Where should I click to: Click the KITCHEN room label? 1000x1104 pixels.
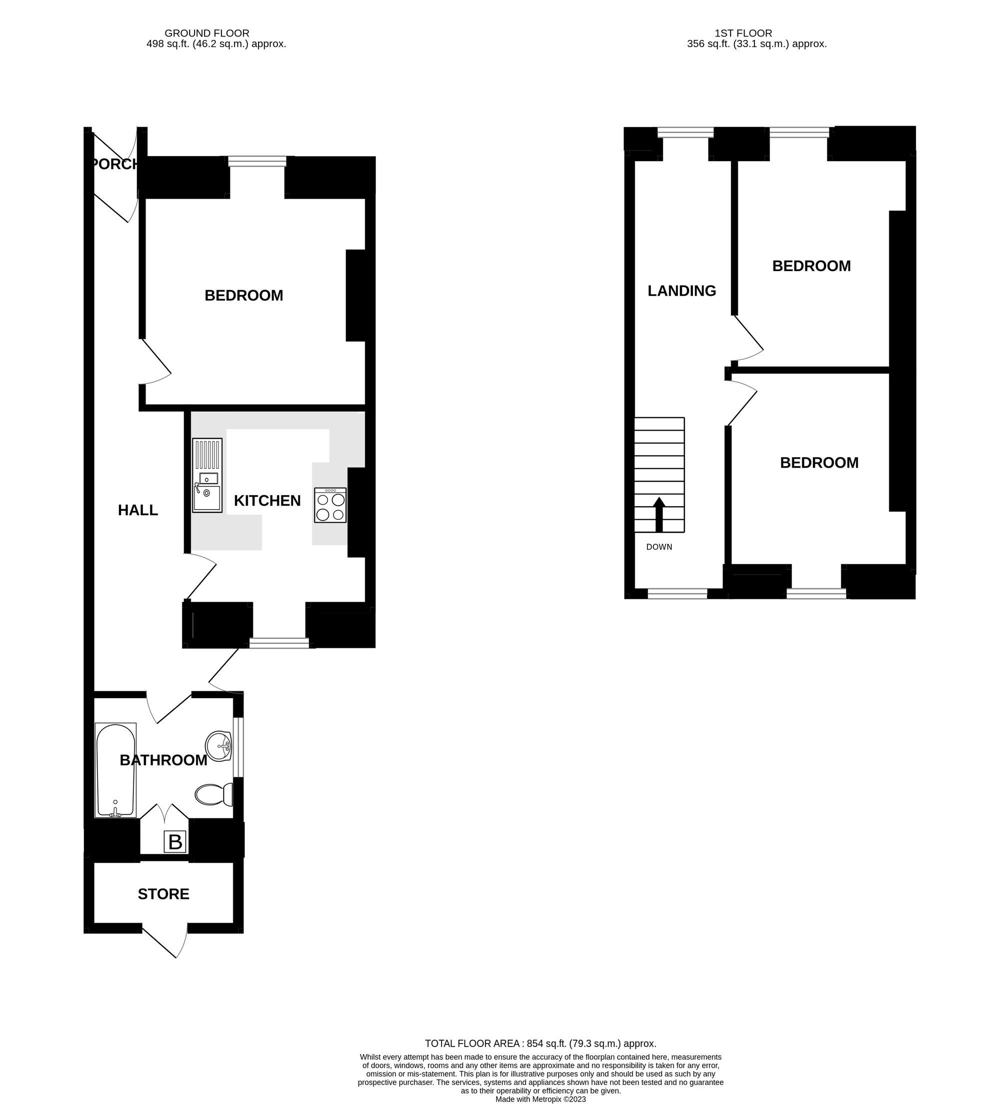(267, 501)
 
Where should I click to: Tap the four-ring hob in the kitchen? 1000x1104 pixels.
(330, 505)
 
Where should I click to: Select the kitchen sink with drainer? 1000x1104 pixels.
(207, 475)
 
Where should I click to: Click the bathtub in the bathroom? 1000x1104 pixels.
(115, 770)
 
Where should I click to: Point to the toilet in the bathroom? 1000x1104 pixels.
(213, 794)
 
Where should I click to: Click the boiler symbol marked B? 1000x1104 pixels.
(175, 842)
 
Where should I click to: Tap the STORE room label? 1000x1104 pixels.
(163, 894)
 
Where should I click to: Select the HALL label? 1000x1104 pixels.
(138, 510)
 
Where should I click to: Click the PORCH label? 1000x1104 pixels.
(114, 164)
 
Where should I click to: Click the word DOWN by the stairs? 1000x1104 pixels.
(659, 547)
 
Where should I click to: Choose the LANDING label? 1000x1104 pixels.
(681, 291)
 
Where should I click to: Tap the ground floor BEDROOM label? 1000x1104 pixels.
(243, 296)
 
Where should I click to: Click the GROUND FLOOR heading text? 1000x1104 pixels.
(207, 34)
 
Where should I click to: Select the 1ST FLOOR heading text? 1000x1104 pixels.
(743, 34)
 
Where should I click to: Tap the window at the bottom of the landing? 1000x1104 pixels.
(677, 593)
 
